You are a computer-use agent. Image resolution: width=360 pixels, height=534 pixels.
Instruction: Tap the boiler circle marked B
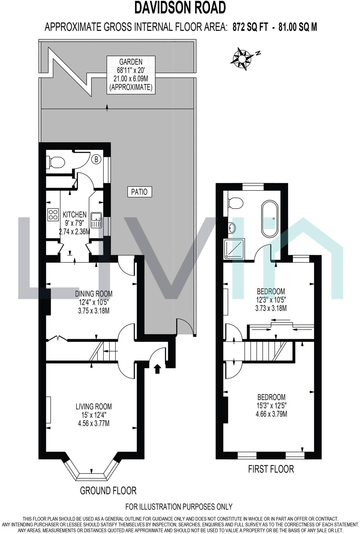[x=96, y=159]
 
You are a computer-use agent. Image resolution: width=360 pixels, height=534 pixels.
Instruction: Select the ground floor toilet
[x=56, y=162]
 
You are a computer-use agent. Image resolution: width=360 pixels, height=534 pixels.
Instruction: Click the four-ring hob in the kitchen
[x=53, y=214]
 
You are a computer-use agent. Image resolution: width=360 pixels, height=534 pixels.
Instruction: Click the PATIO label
[x=139, y=192]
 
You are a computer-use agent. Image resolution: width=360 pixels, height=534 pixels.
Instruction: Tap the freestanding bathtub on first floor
[x=270, y=219]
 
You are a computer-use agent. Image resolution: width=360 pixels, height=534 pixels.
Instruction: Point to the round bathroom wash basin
[x=232, y=227]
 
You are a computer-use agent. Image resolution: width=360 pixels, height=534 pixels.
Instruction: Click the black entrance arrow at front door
[x=157, y=369]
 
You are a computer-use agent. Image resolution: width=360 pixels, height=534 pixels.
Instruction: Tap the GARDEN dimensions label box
[x=131, y=75]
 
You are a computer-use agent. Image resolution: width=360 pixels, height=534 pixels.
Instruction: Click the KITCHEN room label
[x=74, y=215]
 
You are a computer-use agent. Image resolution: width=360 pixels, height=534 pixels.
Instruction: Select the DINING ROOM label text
[x=94, y=294]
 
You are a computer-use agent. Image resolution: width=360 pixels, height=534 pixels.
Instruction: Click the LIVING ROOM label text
[x=94, y=407]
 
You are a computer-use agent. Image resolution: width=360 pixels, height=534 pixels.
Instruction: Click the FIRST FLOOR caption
[x=271, y=469]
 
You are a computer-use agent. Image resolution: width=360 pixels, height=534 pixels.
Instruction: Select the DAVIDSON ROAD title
[x=180, y=8]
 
